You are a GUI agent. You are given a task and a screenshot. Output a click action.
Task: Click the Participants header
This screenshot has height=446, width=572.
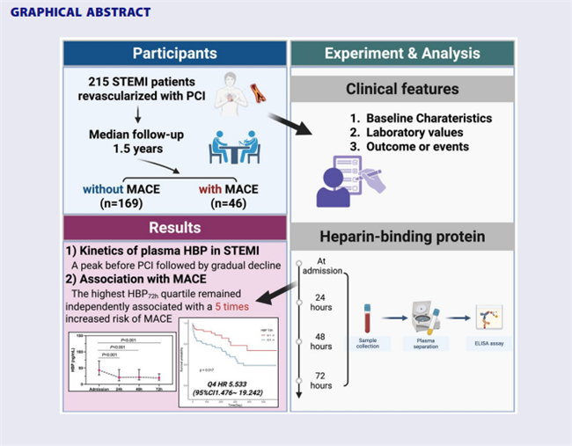pyautogui.click(x=175, y=54)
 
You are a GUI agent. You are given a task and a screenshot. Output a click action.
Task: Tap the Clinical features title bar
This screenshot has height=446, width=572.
pyautogui.click(x=402, y=90)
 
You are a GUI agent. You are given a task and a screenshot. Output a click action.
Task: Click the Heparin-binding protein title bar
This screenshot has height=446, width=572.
pyautogui.click(x=402, y=237)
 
